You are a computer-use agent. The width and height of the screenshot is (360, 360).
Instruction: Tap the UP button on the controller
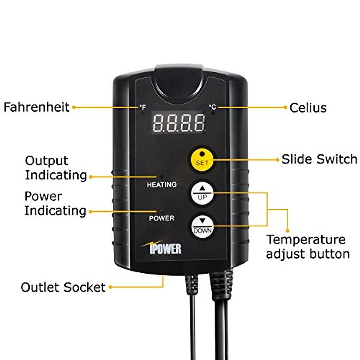202,193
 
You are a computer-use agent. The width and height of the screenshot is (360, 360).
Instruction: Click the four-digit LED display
178,122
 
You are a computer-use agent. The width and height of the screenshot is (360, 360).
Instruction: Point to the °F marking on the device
142,107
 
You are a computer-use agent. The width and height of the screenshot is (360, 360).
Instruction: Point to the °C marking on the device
212,107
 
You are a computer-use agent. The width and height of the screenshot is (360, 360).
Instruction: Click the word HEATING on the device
161,185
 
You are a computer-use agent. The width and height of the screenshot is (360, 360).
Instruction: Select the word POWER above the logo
161,218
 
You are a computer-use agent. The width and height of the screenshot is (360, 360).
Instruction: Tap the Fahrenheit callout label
36,107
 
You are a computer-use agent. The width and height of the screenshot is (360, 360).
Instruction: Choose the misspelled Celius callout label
308,108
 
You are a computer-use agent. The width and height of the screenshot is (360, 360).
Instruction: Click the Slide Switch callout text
319,159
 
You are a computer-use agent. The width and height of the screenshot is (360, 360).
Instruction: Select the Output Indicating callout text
55,168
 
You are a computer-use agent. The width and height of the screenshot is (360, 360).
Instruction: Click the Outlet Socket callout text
63,287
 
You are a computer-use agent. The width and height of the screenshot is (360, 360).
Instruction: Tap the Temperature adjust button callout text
308,247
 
